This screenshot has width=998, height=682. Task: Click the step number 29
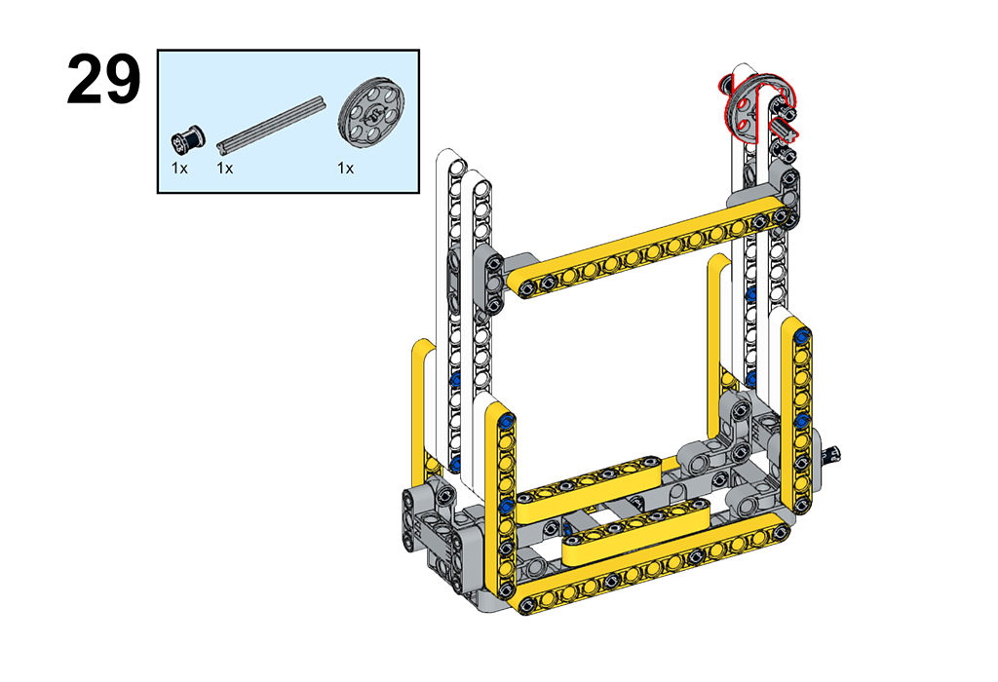pyautogui.click(x=103, y=79)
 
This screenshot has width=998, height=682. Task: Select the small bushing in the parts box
pyautogui.click(x=188, y=139)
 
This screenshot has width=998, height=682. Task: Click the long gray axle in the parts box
pyautogui.click(x=271, y=125)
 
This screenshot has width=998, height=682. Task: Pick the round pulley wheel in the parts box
pyautogui.click(x=371, y=113)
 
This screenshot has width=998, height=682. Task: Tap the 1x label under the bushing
pyautogui.click(x=179, y=168)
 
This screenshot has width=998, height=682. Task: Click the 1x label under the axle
pyautogui.click(x=225, y=168)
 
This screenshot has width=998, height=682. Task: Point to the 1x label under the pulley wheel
pyautogui.click(x=346, y=168)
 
